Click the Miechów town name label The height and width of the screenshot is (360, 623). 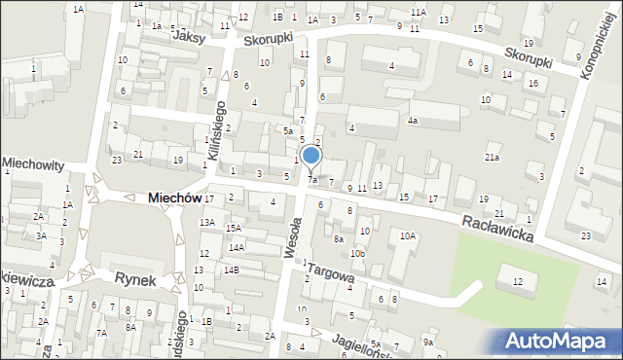coord(174,198)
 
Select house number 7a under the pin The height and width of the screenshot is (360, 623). coord(312,180)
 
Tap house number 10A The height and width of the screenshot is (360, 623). coord(408,235)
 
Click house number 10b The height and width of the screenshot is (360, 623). coord(358,254)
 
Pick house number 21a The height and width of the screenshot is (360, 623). coord(493,158)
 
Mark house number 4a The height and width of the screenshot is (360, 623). coord(413,121)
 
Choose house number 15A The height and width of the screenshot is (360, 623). coord(234,228)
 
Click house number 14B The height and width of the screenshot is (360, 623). coord(231,270)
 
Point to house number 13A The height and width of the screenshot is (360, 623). coord(207,223)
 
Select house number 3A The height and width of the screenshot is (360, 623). coord(41,235)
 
